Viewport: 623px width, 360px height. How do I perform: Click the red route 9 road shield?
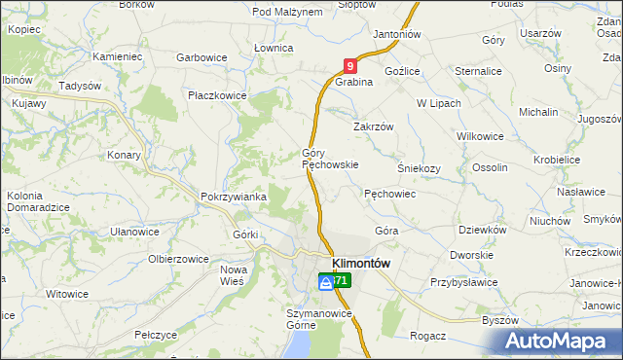click(x=350, y=66)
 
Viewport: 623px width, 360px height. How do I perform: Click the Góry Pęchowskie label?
click(x=330, y=160)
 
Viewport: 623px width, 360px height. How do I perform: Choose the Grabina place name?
click(x=354, y=83)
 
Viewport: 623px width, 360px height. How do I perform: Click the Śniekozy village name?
click(x=420, y=167)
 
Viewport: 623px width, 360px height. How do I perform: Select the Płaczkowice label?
click(x=218, y=95)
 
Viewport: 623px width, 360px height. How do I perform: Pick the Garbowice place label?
click(x=202, y=57)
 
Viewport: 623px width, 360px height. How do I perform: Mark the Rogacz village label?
click(x=428, y=336)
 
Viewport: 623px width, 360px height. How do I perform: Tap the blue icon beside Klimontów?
click(x=325, y=281)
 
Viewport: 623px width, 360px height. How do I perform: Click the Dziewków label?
click(x=483, y=231)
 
